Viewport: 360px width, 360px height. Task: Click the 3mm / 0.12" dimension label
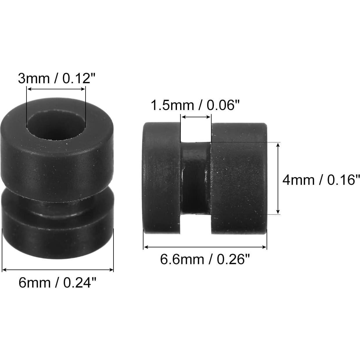[56, 79]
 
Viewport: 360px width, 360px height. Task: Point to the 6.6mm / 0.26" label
[205, 259]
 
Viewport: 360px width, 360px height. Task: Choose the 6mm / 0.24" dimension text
[57, 282]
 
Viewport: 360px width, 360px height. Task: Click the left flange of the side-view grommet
[162, 178]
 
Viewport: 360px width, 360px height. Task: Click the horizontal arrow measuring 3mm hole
[56, 89]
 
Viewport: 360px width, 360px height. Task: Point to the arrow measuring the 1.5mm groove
[196, 117]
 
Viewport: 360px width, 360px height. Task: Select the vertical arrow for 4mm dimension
[278, 178]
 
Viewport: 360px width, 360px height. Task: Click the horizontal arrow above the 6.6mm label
[205, 247]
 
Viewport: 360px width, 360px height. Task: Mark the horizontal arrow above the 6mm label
[58, 270]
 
